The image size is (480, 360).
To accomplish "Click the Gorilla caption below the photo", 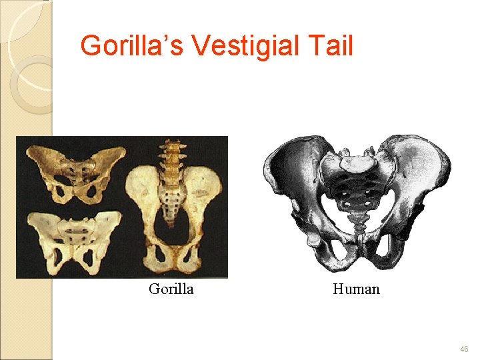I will [171, 289].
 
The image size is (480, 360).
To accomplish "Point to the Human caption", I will [356, 289].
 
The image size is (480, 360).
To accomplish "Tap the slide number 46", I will [463, 349].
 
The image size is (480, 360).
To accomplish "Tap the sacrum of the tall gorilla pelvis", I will [173, 199].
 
